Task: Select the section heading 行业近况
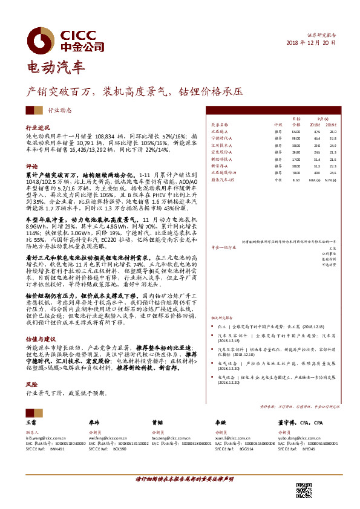tap(37, 129)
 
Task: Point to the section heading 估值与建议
tap(41, 340)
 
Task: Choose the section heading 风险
tap(31, 384)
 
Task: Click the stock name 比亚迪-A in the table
tap(218, 131)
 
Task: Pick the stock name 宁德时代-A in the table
tap(220, 138)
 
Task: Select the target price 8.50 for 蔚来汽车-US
tap(296, 180)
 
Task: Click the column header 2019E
tap(332, 124)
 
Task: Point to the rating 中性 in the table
tap(278, 180)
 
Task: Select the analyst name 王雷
tap(31, 424)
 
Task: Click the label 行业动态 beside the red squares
tap(60, 110)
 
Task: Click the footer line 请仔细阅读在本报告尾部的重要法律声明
tap(180, 478)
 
